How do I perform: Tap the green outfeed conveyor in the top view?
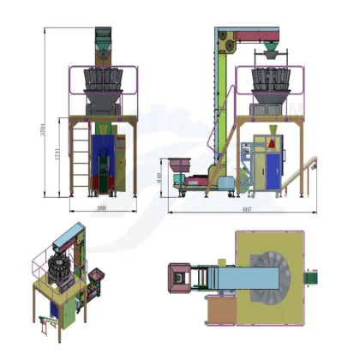click(x=314, y=275)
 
